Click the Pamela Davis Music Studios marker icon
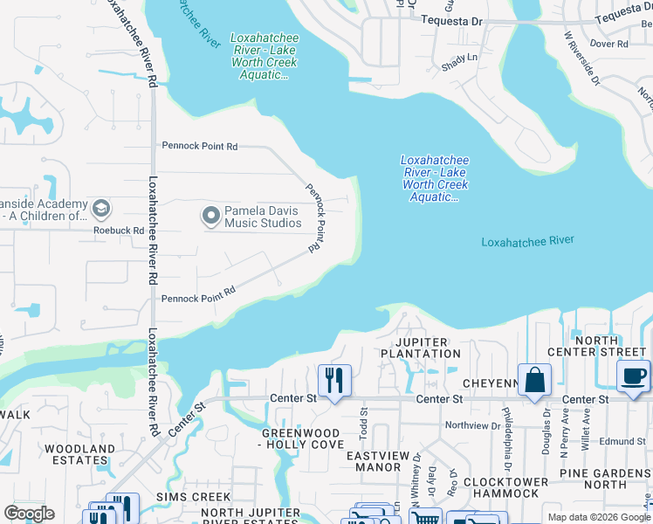pyautogui.click(x=210, y=214)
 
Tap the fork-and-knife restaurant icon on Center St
pyautogui.click(x=334, y=380)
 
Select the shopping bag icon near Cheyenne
pyautogui.click(x=534, y=380)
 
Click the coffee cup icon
pyautogui.click(x=634, y=376)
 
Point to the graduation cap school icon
pyautogui.click(x=101, y=208)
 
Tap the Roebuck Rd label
pyautogui.click(x=119, y=231)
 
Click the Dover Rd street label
pyautogui.click(x=608, y=43)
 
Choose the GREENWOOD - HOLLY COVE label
pyautogui.click(x=303, y=438)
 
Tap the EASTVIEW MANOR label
pyautogui.click(x=384, y=461)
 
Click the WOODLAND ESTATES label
pyautogui.click(x=79, y=454)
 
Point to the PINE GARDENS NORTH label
pyautogui.click(x=606, y=479)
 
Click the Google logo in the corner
pyautogui.click(x=30, y=514)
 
